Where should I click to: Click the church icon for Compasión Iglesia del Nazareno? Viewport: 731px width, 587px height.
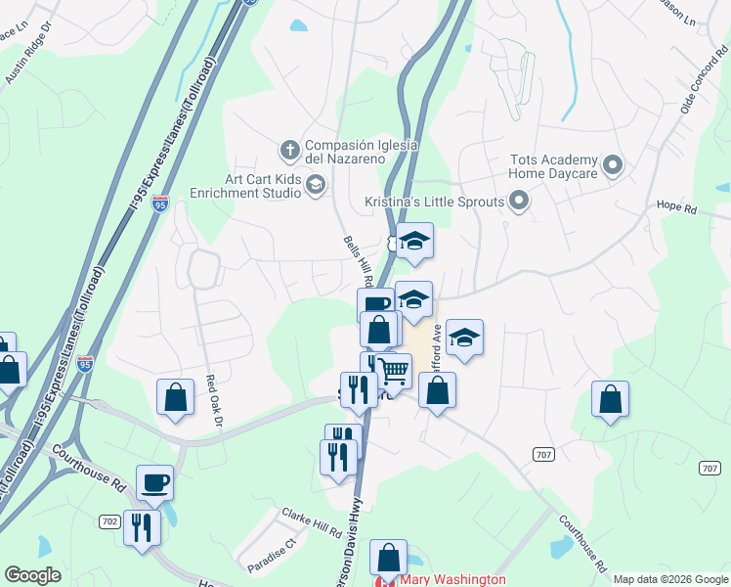pos(289,151)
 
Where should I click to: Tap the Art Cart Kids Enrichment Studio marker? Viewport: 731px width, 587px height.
pos(316,184)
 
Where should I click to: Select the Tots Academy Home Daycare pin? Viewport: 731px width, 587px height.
pos(613,164)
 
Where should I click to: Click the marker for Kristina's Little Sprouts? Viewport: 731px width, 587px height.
pos(519,203)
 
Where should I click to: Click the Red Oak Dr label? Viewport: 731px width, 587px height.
pos(215,401)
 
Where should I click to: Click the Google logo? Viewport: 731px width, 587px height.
pos(33,575)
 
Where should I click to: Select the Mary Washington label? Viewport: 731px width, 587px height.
pos(453,579)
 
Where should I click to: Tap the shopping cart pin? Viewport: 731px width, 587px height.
pos(394,372)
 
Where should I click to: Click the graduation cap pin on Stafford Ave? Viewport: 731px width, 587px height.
pos(465,339)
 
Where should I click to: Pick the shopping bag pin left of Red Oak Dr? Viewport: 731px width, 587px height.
pos(175,397)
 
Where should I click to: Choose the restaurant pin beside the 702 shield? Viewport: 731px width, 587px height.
pos(142,528)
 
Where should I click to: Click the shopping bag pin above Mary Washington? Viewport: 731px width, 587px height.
pos(389,558)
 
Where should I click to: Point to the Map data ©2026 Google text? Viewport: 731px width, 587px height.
pos(670,579)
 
